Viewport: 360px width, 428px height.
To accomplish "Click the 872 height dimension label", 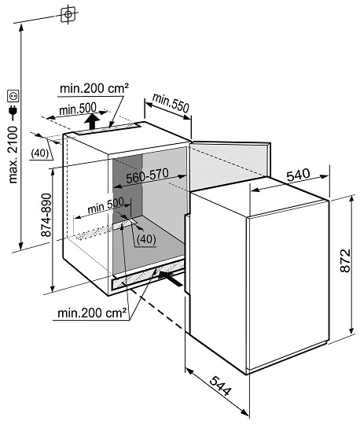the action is click(345, 260).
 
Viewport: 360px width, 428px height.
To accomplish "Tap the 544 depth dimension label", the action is click(221, 386).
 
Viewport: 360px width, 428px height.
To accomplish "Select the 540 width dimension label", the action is click(298, 175).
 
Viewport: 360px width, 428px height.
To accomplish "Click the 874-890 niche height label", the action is click(46, 215).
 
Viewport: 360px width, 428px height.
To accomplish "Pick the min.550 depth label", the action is click(171, 103).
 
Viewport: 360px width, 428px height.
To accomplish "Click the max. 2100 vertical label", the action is click(13, 154).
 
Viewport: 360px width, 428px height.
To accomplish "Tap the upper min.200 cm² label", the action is click(94, 88).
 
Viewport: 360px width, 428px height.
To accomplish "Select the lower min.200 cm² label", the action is click(92, 313).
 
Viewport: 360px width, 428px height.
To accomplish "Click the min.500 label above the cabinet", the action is click(78, 109).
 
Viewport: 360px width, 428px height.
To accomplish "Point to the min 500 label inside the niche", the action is click(105, 205).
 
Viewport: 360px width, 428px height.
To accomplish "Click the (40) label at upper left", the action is click(40, 153).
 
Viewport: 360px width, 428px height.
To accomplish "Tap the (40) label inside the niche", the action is click(146, 239).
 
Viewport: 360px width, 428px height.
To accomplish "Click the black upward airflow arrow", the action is click(92, 122).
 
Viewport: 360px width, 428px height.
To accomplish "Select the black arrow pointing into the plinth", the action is click(171, 279).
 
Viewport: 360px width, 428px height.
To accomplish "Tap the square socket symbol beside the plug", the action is click(13, 96).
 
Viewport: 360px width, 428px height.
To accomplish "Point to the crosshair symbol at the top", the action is click(68, 13).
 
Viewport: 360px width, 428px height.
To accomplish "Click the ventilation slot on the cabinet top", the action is click(108, 129).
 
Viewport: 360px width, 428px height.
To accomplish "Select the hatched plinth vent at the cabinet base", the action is click(148, 275).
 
